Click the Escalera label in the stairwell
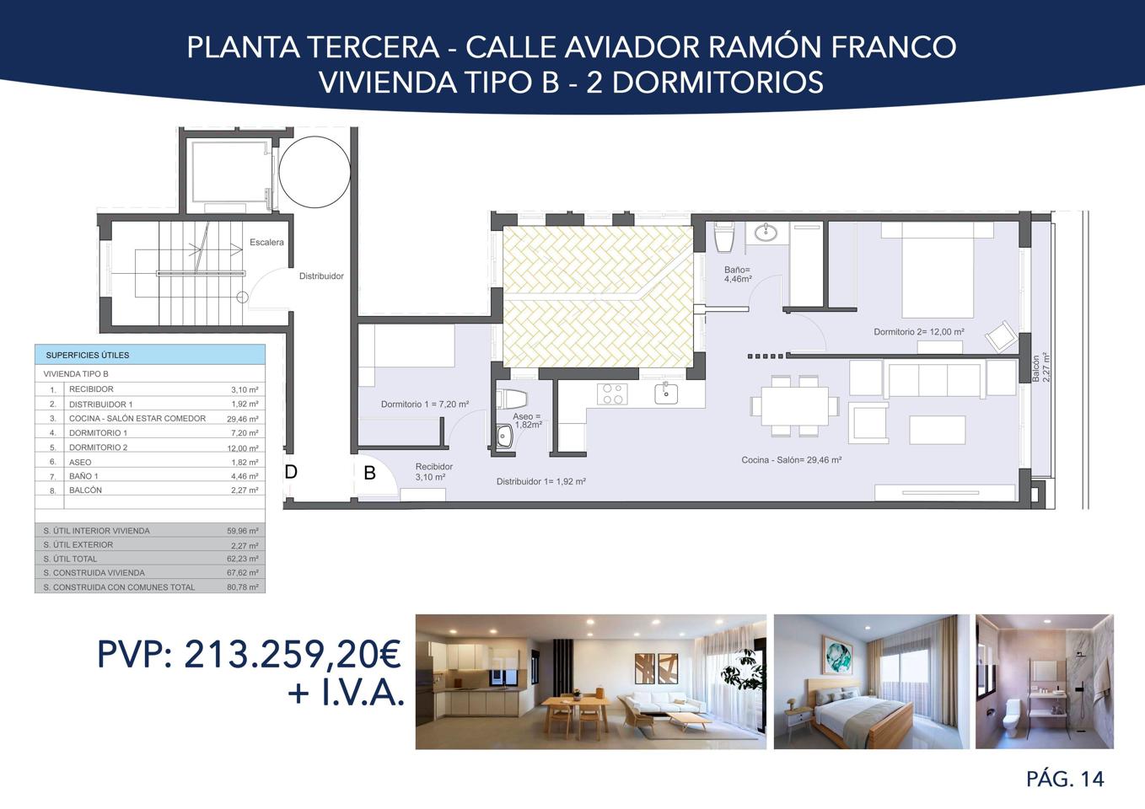click(266, 242)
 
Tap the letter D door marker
click(291, 471)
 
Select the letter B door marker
click(369, 473)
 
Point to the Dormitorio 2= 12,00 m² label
click(918, 332)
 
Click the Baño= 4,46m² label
click(738, 274)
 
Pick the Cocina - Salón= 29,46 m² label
click(791, 460)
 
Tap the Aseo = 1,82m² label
click(527, 421)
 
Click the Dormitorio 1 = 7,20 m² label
click(425, 404)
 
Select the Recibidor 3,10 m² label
click(433, 471)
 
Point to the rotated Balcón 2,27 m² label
click(1040, 367)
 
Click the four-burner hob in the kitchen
click(612, 394)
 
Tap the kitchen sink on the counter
click(667, 394)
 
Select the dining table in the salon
click(794, 406)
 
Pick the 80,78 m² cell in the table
click(243, 587)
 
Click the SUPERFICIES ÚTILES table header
click(88, 355)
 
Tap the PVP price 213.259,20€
click(293, 654)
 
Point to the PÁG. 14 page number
click(1065, 779)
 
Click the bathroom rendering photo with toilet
click(1045, 681)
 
